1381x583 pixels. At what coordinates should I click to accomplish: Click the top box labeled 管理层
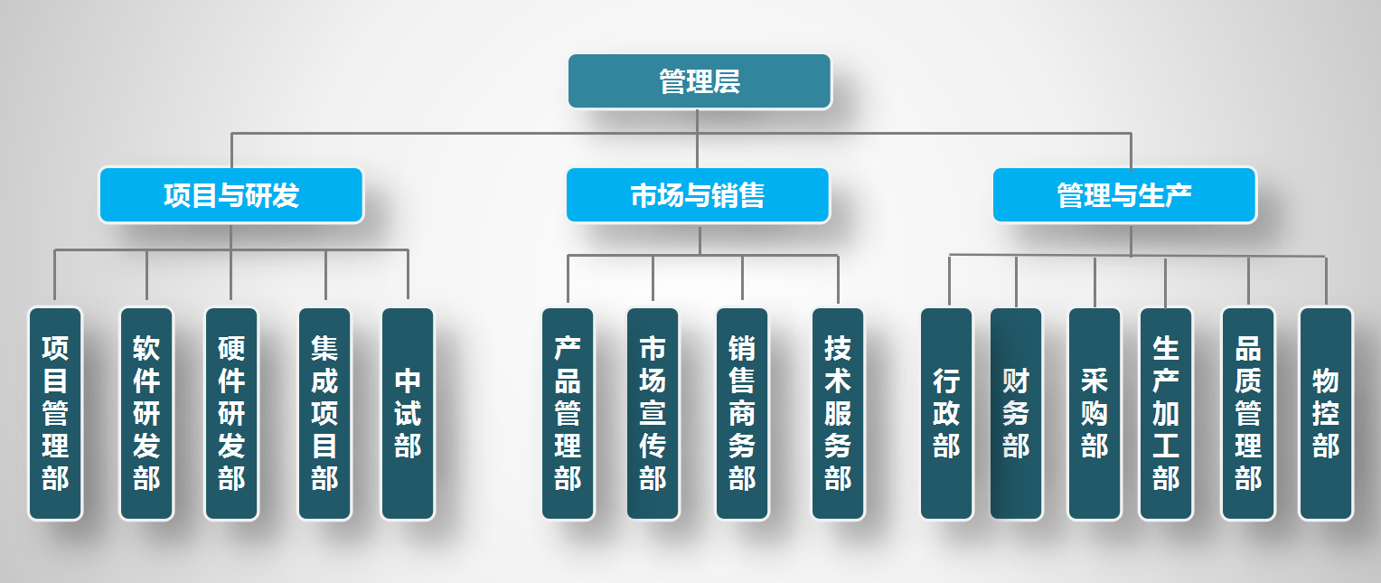click(700, 81)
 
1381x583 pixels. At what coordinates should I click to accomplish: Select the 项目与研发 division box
click(231, 194)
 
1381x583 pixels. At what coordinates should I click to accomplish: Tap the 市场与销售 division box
click(698, 194)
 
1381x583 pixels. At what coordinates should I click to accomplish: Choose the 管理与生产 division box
click(1124, 194)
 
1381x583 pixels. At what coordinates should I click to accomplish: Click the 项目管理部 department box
click(55, 414)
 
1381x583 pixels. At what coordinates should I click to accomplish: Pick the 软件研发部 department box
click(146, 414)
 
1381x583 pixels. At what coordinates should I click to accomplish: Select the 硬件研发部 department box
click(231, 414)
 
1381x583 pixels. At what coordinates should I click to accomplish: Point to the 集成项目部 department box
click(324, 414)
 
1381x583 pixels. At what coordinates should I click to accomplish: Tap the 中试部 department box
click(408, 414)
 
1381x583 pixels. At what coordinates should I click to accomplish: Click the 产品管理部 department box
click(568, 414)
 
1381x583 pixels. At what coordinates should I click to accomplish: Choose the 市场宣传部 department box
click(653, 414)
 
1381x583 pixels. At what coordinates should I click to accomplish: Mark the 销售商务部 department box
click(742, 414)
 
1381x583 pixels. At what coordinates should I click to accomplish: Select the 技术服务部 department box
click(838, 414)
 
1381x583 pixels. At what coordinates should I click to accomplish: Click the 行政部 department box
click(946, 414)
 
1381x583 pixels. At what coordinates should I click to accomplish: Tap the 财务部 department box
click(1016, 414)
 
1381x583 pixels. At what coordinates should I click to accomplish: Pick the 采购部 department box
click(1094, 414)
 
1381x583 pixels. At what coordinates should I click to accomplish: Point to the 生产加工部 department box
click(1166, 414)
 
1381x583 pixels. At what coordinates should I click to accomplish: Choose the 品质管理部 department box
click(1248, 414)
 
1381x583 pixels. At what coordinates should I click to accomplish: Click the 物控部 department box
click(1326, 414)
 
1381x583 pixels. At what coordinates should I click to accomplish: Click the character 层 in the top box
click(727, 81)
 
